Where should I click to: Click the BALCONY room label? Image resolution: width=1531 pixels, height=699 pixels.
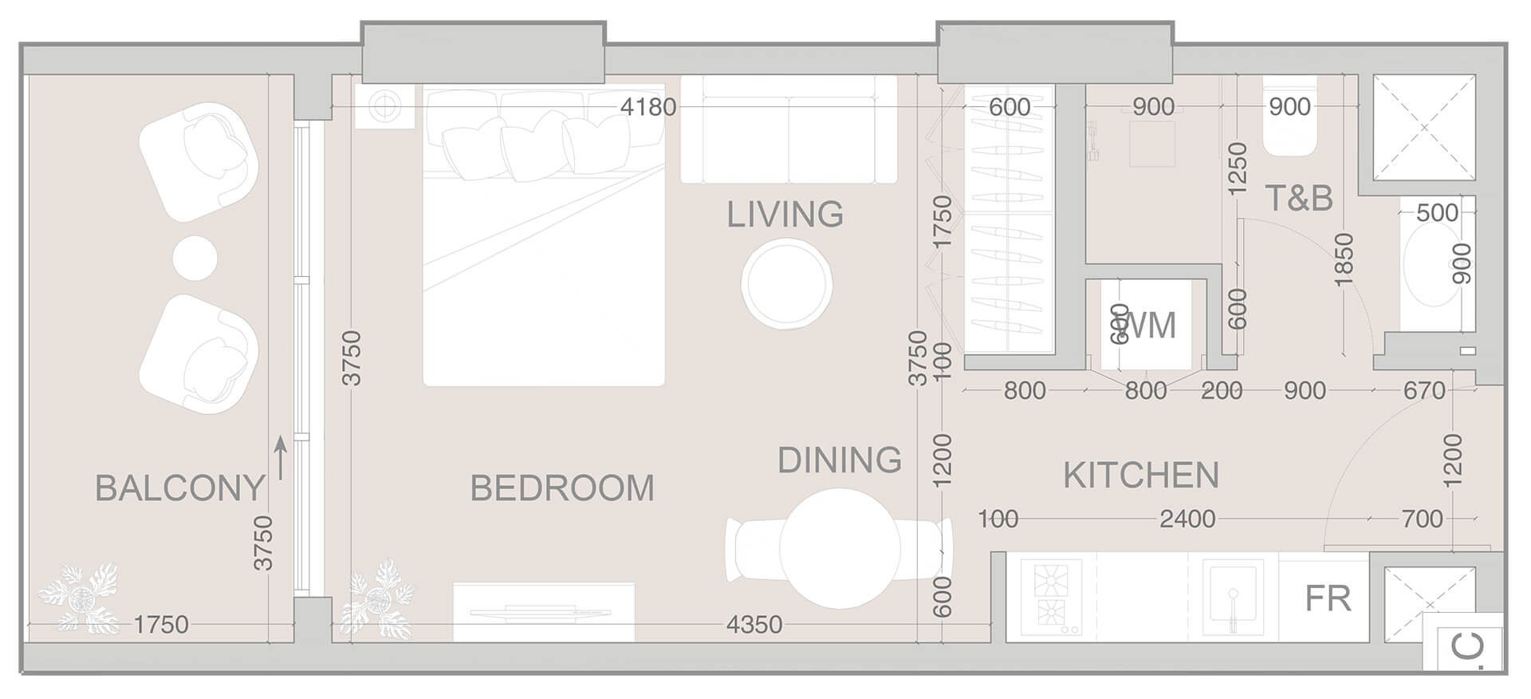click(179, 488)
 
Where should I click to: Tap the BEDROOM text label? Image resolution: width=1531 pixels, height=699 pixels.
click(562, 488)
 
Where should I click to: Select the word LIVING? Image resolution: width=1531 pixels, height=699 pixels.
click(785, 215)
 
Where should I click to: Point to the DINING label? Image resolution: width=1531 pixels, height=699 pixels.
click(839, 460)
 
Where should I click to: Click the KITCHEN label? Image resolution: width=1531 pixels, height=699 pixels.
click(1141, 476)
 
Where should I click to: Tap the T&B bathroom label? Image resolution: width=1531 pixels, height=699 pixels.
click(1299, 198)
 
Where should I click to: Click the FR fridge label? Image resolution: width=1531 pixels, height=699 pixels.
click(1328, 598)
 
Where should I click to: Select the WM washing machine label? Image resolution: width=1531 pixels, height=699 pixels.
click(1148, 326)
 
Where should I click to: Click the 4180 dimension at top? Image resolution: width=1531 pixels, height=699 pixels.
click(648, 107)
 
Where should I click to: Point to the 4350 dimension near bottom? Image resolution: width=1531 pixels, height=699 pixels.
click(754, 625)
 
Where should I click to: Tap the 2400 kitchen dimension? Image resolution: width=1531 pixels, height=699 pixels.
click(1187, 519)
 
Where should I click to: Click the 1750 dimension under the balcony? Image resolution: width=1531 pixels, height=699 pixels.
click(161, 625)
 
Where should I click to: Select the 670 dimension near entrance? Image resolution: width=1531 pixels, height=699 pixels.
click(1424, 391)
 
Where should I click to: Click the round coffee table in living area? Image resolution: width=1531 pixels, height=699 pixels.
click(786, 284)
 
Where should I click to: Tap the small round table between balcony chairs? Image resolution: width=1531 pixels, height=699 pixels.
click(195, 258)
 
